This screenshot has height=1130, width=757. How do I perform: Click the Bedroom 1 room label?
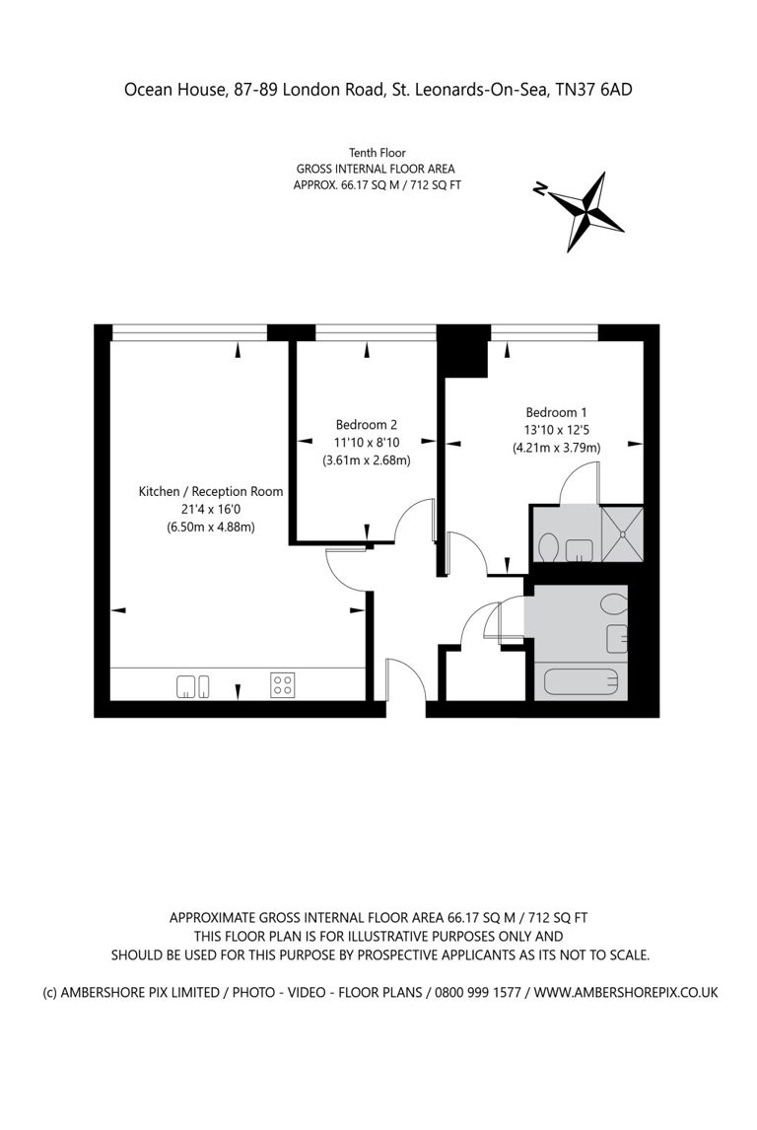(556, 412)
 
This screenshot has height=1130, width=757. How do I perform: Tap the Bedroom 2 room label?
(366, 425)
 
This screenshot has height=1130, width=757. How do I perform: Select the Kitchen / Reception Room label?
(210, 491)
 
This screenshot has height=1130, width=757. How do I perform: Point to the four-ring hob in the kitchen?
(282, 684)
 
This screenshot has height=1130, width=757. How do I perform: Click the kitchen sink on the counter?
(193, 686)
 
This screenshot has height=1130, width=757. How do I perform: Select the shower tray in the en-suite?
(622, 534)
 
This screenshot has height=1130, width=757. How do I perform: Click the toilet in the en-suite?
(548, 547)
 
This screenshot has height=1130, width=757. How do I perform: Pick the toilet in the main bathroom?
(614, 605)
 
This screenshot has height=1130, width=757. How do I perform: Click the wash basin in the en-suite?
(580, 550)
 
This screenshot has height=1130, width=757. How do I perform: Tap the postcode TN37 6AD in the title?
(594, 90)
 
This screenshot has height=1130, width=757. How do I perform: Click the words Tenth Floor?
(378, 153)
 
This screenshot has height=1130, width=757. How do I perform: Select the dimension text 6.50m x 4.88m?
(210, 527)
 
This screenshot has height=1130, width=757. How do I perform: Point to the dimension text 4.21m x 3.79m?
(556, 448)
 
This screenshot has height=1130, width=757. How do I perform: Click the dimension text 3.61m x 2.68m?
(366, 460)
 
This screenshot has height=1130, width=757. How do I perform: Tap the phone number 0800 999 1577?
(474, 992)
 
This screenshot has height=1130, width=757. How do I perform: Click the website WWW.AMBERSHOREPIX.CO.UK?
(626, 992)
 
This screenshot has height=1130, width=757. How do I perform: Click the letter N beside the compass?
(539, 188)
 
